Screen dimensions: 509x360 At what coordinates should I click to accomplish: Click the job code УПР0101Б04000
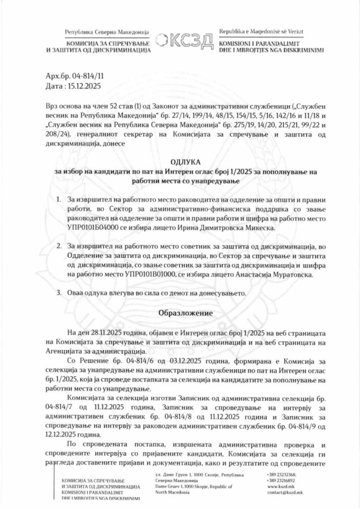coord(94,226)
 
